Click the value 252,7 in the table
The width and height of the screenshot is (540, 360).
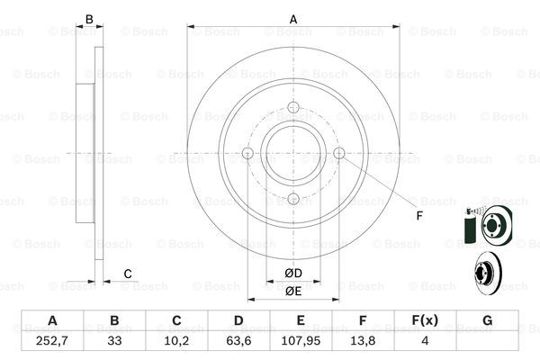tap(52, 341)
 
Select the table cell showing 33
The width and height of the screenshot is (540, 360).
tap(114, 341)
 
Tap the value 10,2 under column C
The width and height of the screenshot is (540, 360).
tap(176, 341)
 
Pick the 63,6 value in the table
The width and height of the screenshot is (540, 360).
tap(238, 341)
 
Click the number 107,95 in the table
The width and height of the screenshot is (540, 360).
tap(301, 341)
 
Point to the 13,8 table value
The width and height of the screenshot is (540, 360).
tap(363, 341)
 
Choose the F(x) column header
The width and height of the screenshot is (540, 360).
tap(425, 320)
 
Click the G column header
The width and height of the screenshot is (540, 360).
tap(487, 320)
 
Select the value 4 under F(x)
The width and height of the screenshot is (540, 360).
tap(425, 341)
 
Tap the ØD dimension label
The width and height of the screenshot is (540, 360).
tap(293, 274)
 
